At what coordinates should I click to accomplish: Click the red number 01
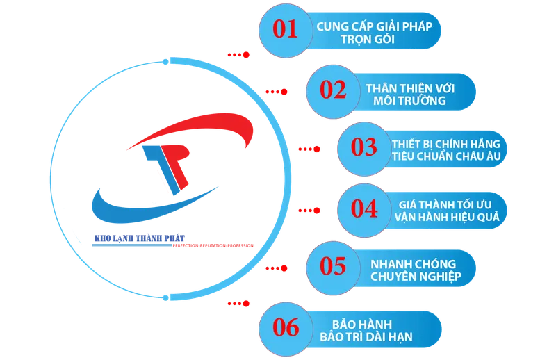pyautogui.click(x=285, y=29)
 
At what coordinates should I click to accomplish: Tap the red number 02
pyautogui.click(x=333, y=90)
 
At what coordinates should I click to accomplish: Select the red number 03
pyautogui.click(x=363, y=147)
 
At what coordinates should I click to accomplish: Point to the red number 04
pyautogui.click(x=364, y=208)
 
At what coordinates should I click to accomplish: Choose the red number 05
pyautogui.click(x=333, y=266)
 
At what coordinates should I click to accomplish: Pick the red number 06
pyautogui.click(x=286, y=327)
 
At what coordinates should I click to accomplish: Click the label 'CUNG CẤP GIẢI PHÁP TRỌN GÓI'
pyautogui.click(x=374, y=33)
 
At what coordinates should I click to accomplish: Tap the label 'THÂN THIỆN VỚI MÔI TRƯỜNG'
pyautogui.click(x=410, y=95)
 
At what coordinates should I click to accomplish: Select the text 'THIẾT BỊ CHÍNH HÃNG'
pyautogui.click(x=446, y=144)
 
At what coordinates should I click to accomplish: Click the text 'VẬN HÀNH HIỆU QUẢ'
pyautogui.click(x=447, y=217)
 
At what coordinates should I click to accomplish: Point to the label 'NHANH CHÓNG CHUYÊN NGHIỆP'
pyautogui.click(x=416, y=270)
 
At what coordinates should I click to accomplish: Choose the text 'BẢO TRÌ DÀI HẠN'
pyautogui.click(x=366, y=336)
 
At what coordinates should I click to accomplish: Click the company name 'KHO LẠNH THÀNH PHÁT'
pyautogui.click(x=140, y=238)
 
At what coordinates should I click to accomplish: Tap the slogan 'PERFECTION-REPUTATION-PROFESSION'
pyautogui.click(x=213, y=245)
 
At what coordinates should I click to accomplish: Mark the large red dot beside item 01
pyautogui.click(x=246, y=55)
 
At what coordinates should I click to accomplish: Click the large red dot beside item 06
pyautogui.click(x=246, y=304)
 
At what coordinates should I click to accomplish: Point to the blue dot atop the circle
pyautogui.click(x=165, y=62)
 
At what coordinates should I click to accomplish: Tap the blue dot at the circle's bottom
pyautogui.click(x=165, y=298)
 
